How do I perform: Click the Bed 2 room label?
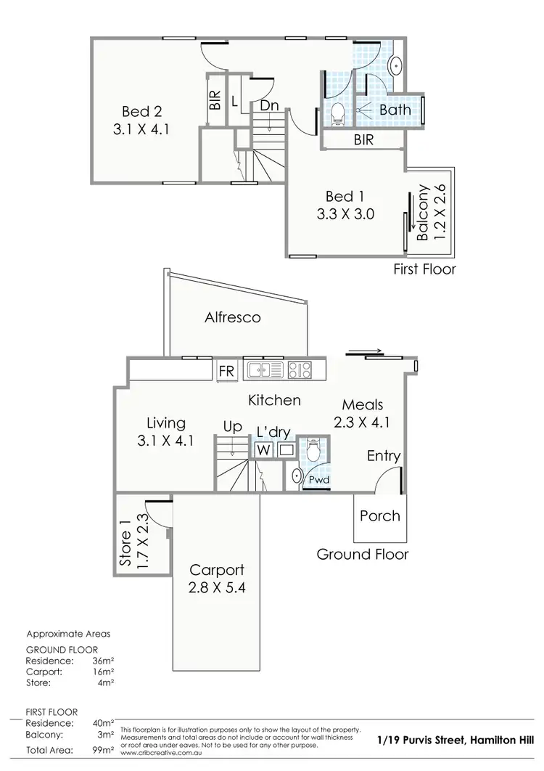click(x=142, y=113)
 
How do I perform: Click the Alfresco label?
click(x=232, y=317)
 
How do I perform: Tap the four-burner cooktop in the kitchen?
click(x=300, y=370)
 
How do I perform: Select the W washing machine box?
click(x=263, y=450)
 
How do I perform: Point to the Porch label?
click(x=380, y=515)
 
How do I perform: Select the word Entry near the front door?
click(x=384, y=456)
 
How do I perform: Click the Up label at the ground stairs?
click(x=232, y=428)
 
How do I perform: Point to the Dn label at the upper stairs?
click(x=269, y=105)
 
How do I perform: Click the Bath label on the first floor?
click(x=395, y=110)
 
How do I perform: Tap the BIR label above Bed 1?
click(x=363, y=139)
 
